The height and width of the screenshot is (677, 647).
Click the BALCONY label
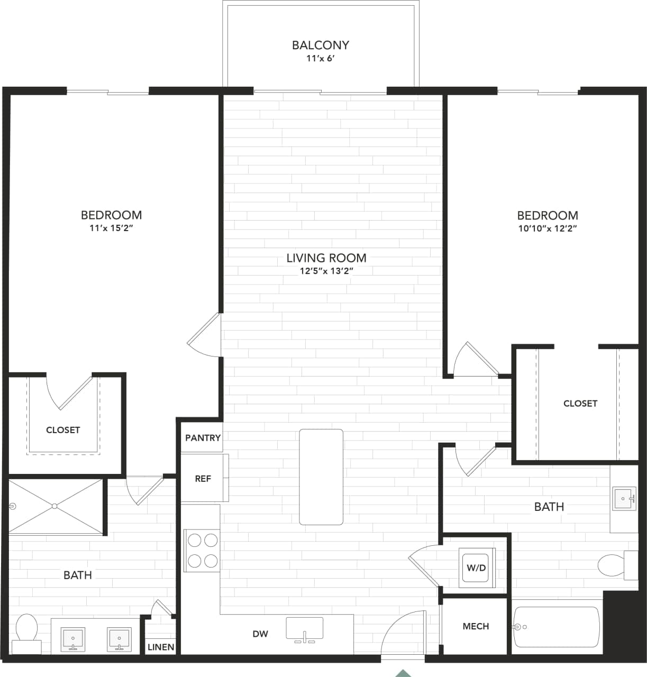pyautogui.click(x=321, y=45)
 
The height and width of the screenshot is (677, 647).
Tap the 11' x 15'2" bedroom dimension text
pyautogui.click(x=111, y=228)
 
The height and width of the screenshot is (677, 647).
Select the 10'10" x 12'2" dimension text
pyautogui.click(x=547, y=228)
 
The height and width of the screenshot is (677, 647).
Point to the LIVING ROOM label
pyautogui.click(x=326, y=258)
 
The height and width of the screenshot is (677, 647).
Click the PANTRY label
pyautogui.click(x=203, y=438)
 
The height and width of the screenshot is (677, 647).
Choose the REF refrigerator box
pyautogui.click(x=204, y=478)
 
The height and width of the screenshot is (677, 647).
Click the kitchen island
pyautogui.click(x=321, y=477)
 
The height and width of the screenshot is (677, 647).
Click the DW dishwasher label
pyautogui.click(x=260, y=634)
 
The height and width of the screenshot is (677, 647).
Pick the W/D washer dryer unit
pyautogui.click(x=476, y=568)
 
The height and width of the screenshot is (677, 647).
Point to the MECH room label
pyautogui.click(x=476, y=626)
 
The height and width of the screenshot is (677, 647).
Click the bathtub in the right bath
pyautogui.click(x=556, y=627)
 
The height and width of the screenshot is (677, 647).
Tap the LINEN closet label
pyautogui.click(x=161, y=647)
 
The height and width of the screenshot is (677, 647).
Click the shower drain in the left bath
pyautogui.click(x=54, y=506)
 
